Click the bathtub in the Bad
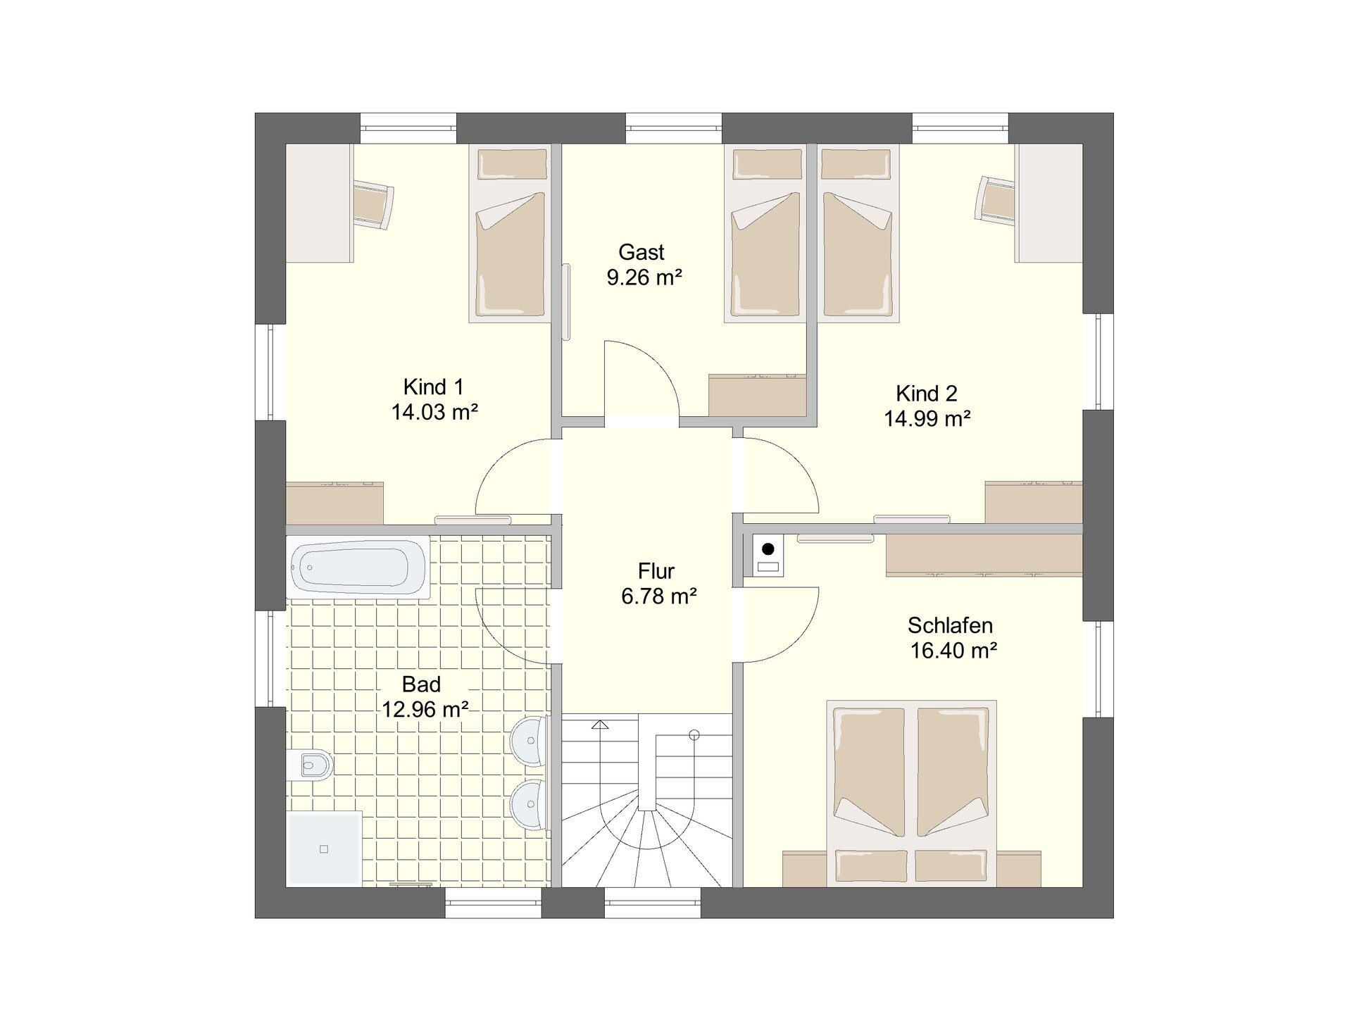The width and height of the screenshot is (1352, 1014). [x=358, y=567]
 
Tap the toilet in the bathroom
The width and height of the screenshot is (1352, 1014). [x=310, y=764]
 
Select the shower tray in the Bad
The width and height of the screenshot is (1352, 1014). [x=324, y=849]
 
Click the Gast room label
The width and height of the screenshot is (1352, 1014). [x=641, y=252]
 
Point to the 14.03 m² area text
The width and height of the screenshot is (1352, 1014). [x=434, y=412]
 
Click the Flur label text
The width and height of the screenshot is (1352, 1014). [x=656, y=570]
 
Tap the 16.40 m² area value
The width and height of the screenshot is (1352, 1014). [x=953, y=651]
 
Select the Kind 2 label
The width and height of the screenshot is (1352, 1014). [x=927, y=393]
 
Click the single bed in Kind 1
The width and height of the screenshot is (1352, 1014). [x=511, y=234]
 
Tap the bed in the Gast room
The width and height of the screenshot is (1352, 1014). [x=765, y=234]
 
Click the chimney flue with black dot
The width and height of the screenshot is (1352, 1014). [x=768, y=556]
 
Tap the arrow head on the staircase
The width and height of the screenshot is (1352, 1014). [x=600, y=725]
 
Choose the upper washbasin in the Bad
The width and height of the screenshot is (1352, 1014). [x=529, y=740]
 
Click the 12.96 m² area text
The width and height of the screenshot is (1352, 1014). [x=425, y=709]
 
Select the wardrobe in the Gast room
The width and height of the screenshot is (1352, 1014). [x=757, y=395]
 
